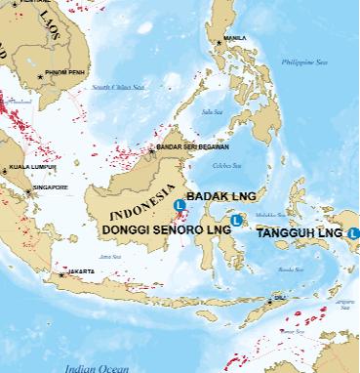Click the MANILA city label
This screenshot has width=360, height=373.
235,38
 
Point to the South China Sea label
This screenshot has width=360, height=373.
118,87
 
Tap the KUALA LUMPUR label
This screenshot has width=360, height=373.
29,167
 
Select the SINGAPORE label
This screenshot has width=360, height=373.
50,186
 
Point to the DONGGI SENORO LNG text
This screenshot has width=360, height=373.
165,229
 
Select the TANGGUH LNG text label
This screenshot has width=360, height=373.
299,233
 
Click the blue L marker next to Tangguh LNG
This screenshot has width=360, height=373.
353,233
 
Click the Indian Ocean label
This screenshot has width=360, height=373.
97,367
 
